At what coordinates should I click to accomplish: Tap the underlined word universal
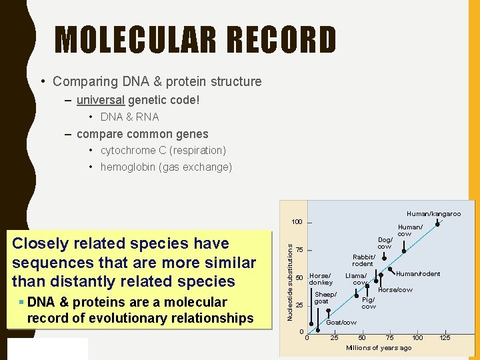point(101,100)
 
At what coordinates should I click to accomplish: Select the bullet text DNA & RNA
point(129,117)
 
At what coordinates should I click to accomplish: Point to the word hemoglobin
point(128,167)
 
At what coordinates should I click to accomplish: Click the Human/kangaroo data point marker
point(437,224)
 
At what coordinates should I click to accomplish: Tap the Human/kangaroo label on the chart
point(433,214)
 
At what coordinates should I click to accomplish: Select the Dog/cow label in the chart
point(385,243)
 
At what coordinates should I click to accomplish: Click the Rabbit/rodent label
point(363,260)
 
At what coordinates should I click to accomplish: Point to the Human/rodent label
point(418,274)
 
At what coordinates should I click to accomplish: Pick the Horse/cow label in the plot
point(395,290)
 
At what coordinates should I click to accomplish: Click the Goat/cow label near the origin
point(341,323)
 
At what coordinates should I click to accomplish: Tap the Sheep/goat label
point(325,298)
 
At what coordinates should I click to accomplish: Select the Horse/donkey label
point(321,279)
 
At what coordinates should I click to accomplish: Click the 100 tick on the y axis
point(296,222)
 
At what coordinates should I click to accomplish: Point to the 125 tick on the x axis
point(445,338)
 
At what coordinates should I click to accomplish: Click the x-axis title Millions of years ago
point(379,348)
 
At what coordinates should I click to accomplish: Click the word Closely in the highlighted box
point(39,244)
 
